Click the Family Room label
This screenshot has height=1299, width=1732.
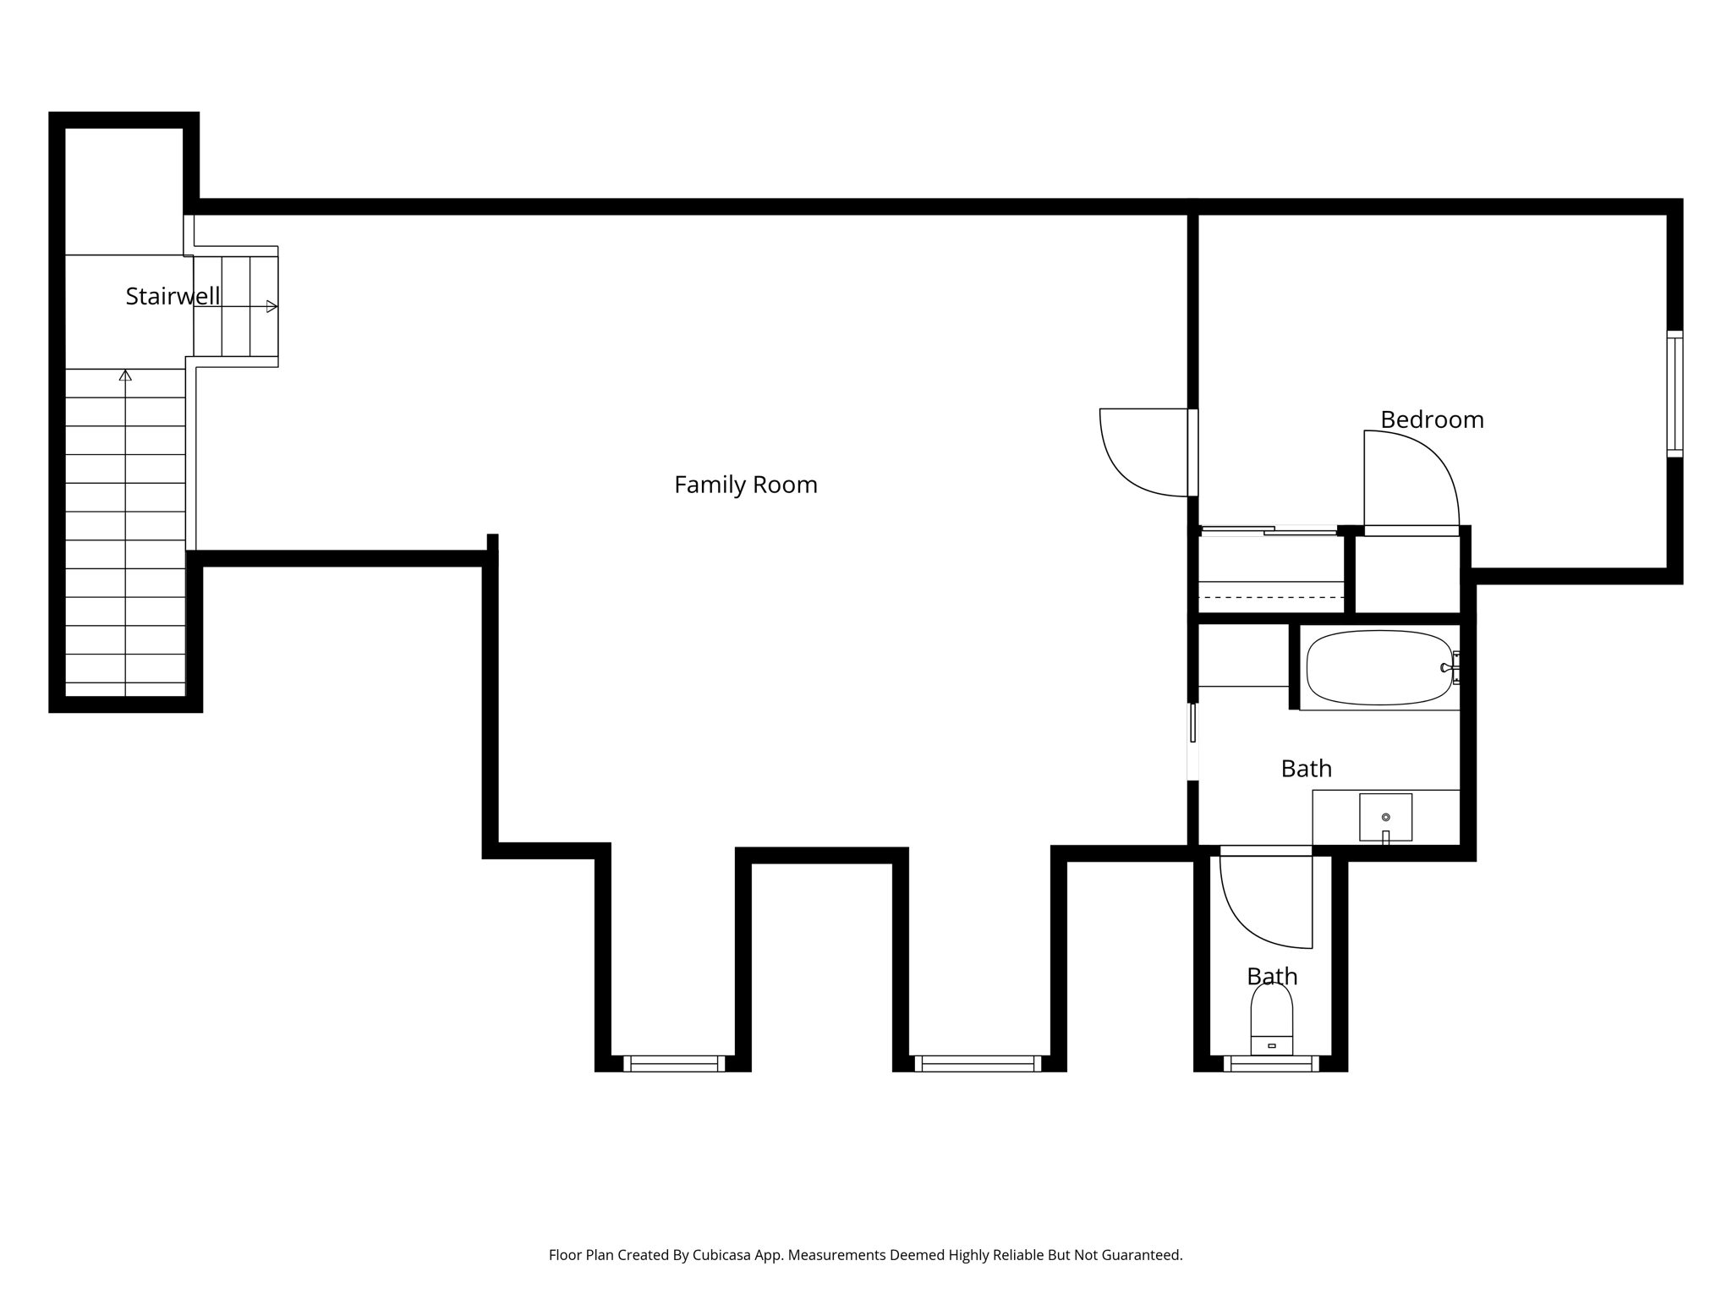point(745,485)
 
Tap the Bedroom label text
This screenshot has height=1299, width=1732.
point(1432,419)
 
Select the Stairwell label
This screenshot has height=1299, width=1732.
point(173,296)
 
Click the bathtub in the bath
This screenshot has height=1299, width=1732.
point(1379,667)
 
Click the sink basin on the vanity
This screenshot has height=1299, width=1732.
point(1385,817)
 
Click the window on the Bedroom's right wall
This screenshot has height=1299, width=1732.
point(1674,394)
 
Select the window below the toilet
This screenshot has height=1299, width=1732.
point(1270,1064)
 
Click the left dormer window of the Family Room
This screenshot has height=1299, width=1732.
point(674,1064)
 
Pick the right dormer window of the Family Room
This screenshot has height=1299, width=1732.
point(977,1064)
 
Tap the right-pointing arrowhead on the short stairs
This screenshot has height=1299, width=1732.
point(271,306)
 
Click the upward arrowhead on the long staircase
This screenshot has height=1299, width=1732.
point(125,375)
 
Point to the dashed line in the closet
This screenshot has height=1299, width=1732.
point(1271,597)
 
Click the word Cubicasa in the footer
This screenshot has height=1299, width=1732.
point(722,1255)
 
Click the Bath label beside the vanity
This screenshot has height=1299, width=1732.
point(1306,769)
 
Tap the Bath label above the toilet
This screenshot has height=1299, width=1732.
point(1272,976)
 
